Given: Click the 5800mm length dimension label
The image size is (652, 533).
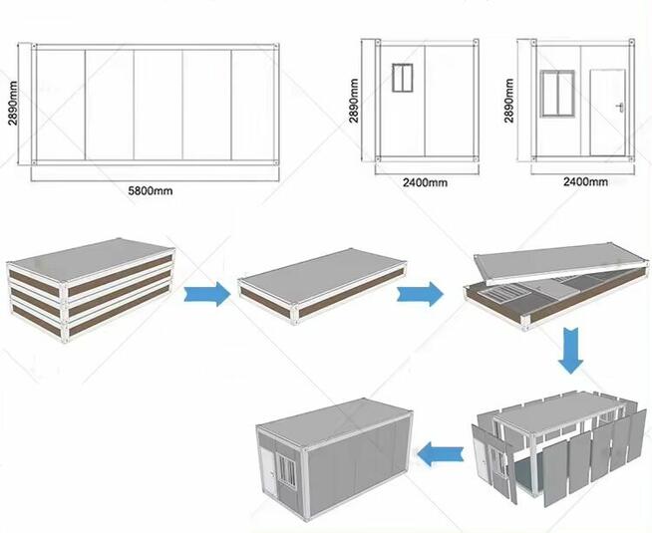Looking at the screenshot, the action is tap(151, 191).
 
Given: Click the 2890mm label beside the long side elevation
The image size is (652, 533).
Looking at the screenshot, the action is tap(13, 103).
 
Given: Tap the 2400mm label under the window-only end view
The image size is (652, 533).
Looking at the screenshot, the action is tap(425, 182).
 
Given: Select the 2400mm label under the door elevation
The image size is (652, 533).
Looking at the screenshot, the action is tap(585, 181).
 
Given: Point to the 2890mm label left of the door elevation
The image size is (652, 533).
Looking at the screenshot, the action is tap(509, 101).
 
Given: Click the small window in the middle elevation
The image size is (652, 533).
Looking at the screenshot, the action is tap(403, 78).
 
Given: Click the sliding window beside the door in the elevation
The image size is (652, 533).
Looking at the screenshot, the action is tap(557, 94).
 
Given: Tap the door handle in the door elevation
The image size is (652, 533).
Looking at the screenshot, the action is tap(620, 108).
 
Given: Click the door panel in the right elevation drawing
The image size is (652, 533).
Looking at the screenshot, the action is tap(608, 113).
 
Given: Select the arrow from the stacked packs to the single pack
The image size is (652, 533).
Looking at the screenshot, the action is tap(207, 294).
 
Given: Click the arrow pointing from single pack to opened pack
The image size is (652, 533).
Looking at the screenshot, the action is tap(421, 294).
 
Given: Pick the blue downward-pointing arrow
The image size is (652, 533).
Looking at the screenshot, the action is tap(570, 351).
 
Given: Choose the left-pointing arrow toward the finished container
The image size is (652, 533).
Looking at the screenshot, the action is tap(441, 453).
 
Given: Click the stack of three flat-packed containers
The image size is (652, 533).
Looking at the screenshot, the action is tap(91, 289).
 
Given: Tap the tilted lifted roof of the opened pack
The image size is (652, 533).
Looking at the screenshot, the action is tap(561, 264).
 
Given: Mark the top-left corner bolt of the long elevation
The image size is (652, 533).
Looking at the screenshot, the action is tap(34, 45).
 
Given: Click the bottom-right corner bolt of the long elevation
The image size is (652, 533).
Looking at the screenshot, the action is tap(275, 162).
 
